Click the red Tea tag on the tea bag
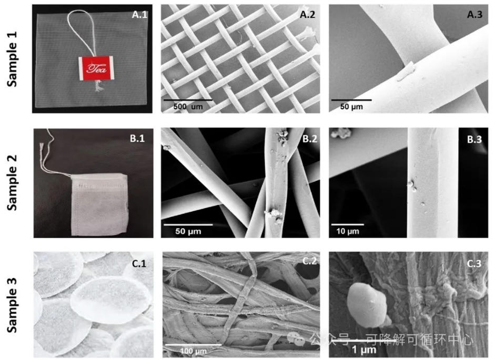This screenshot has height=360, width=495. tap(96, 68)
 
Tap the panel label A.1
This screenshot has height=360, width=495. tap(139, 15)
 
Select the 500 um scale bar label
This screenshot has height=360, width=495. tap(188, 107)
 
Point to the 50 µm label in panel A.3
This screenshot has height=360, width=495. tap(351, 107)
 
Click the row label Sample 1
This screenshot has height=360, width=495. tap(12, 59)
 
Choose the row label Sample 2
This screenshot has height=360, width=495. tap(12, 183)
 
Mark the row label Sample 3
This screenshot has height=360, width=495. tap(12, 305)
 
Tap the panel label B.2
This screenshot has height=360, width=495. tap(309, 139)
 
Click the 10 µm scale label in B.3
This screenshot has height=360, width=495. tap(348, 231)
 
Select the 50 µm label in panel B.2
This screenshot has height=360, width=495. tap(188, 231)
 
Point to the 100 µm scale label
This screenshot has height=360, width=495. tap(194, 351)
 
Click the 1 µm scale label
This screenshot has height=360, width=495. tap(364, 349)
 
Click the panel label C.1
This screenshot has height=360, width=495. tap(138, 263)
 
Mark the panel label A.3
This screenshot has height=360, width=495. tap(474, 15)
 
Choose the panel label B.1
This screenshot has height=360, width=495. tap(137, 138)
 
